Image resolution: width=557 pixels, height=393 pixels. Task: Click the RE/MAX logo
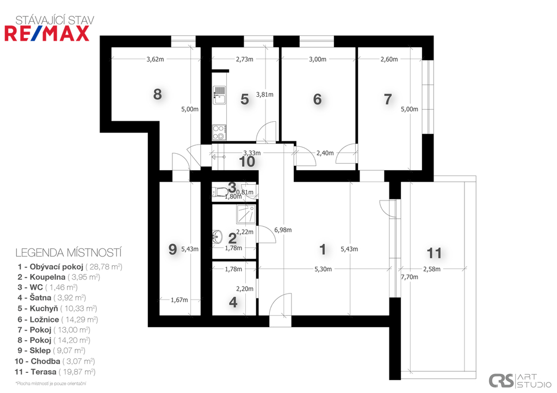coord(47,34)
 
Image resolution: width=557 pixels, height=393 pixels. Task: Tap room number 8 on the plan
coord(157,95)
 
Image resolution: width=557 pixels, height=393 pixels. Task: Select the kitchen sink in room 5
coord(220,95)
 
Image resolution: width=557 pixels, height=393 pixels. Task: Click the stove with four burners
coord(220,132)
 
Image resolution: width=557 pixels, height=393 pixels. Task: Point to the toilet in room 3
coord(220,192)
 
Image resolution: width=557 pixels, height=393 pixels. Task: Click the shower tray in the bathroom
coord(246,214)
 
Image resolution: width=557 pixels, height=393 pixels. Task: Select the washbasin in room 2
coord(217,236)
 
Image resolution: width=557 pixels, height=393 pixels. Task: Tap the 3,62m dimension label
coord(155,59)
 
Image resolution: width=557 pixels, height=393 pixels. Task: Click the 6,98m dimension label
coord(283,230)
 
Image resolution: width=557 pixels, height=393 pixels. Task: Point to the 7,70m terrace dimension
coord(409,277)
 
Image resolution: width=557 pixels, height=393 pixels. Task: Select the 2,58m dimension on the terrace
coord(431,269)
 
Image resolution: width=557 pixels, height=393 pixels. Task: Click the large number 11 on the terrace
coord(434,253)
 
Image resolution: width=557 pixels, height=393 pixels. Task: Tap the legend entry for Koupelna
coord(59,277)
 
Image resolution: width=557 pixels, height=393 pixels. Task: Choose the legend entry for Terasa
coord(55,372)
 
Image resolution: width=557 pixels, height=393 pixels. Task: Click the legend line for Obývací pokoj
coord(70,266)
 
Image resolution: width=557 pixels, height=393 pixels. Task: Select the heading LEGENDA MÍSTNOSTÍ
coord(69,253)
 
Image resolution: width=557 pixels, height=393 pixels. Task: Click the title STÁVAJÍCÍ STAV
coord(55,20)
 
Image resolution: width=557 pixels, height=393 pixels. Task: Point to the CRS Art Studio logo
coord(519,380)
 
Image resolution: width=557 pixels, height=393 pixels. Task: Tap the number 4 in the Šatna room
coord(233,302)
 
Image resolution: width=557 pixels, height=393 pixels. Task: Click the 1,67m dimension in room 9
coord(180,300)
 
